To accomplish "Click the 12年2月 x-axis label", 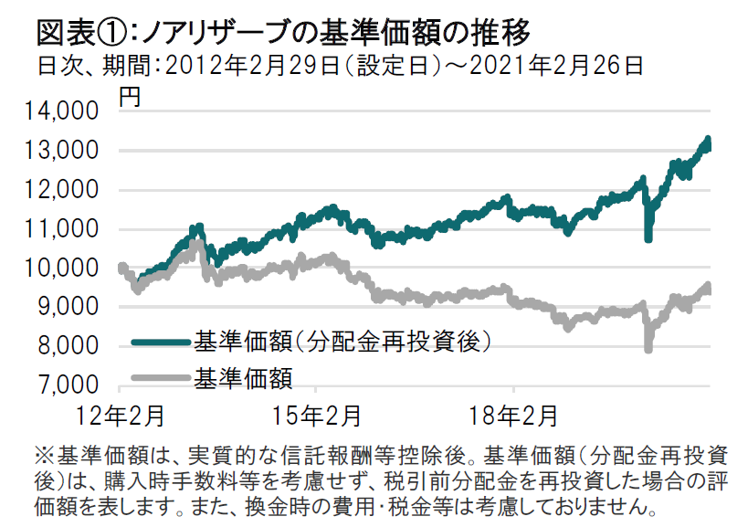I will click(x=121, y=416).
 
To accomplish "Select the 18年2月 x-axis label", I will click(x=513, y=416).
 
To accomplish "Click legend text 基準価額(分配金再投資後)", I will click(x=342, y=343).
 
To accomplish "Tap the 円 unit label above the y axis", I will click(x=130, y=96).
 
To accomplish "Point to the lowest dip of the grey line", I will click(x=648, y=348).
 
